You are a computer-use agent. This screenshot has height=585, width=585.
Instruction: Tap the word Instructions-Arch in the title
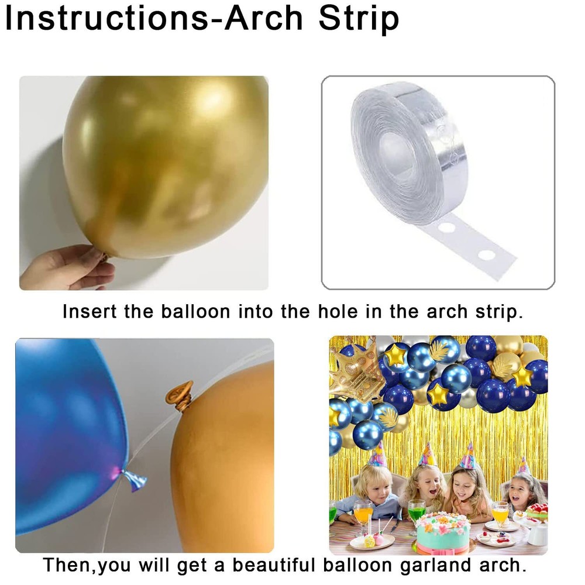pyautogui.click(x=153, y=18)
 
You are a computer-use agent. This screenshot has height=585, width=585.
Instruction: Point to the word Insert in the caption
pyautogui.click(x=90, y=311)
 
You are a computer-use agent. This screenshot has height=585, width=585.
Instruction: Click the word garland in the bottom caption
pyautogui.click(x=435, y=566)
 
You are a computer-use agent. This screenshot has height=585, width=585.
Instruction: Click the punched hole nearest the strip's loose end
pyautogui.click(x=487, y=255)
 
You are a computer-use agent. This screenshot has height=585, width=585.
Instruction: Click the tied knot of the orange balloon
pyautogui.click(x=180, y=396)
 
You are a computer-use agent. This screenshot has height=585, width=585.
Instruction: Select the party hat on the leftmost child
pyautogui.click(x=377, y=455)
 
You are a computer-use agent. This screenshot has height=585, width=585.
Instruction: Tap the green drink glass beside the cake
pyautogui.click(x=417, y=510)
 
